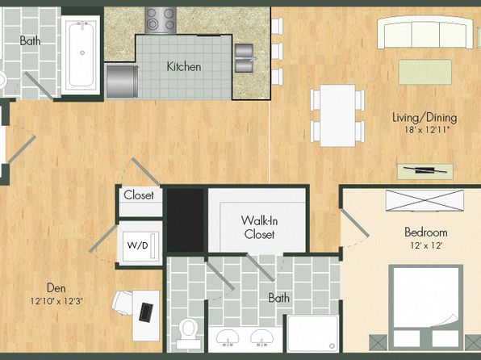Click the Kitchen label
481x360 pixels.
pos(184,66)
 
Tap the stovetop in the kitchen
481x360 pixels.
pos(161,20)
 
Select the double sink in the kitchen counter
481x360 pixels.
pos(245,58)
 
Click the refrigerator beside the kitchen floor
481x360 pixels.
pos(122,82)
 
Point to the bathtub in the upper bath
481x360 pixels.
pos(81,55)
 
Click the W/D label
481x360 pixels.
pos(137,245)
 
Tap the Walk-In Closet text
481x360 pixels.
pos(259,228)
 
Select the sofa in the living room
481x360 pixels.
pos(425,32)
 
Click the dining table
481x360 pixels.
pos(337,115)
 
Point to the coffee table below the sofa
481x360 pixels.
pos(425,72)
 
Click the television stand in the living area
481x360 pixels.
pos(425,171)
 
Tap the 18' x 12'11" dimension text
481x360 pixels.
pos(427,129)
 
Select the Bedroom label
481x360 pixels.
pos(426,232)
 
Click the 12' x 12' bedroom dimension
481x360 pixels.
pos(426,245)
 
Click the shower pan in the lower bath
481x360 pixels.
pos(313,333)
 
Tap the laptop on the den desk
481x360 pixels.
pos(146,312)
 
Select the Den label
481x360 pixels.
pos(56,288)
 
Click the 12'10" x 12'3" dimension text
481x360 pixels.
pos(56,301)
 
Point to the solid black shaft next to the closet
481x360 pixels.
pos(186,220)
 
